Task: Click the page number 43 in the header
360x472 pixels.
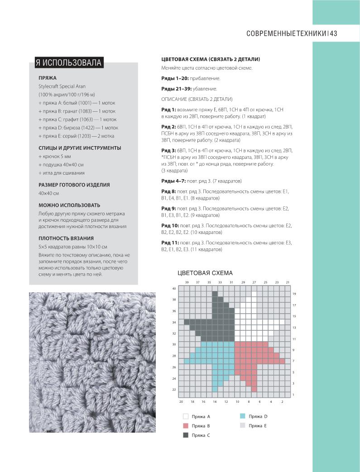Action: (334, 33)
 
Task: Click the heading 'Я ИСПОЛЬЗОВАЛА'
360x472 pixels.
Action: (68, 62)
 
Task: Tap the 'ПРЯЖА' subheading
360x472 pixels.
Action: (48, 78)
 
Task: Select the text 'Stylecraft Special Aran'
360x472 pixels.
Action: (62, 86)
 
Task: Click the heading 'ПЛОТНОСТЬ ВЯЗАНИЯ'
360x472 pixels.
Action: (66, 238)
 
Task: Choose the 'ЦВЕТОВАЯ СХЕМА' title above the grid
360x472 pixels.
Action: (205, 273)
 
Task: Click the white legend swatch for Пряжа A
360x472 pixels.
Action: (186, 416)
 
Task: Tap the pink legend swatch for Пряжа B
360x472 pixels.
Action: (186, 426)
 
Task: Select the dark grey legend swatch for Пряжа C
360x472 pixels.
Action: (186, 435)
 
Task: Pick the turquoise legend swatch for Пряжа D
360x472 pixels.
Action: (242, 416)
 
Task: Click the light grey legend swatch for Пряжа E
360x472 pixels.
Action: (242, 426)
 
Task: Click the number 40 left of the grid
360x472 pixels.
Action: (174, 289)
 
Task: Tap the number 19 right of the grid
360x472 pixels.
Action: (294, 294)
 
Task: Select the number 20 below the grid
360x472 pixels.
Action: (181, 402)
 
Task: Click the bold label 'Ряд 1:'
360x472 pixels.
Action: (169, 110)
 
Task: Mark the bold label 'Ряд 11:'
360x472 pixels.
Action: (170, 243)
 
